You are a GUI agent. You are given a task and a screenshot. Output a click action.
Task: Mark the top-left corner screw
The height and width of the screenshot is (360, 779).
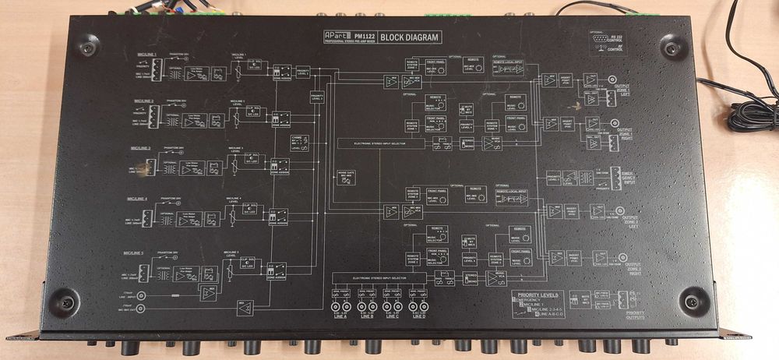tap(88, 47)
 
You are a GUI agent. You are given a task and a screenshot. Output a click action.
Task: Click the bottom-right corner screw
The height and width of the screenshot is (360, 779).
tap(691, 299)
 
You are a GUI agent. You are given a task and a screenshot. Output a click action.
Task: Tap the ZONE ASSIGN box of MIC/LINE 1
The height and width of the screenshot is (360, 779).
tap(280, 71)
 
